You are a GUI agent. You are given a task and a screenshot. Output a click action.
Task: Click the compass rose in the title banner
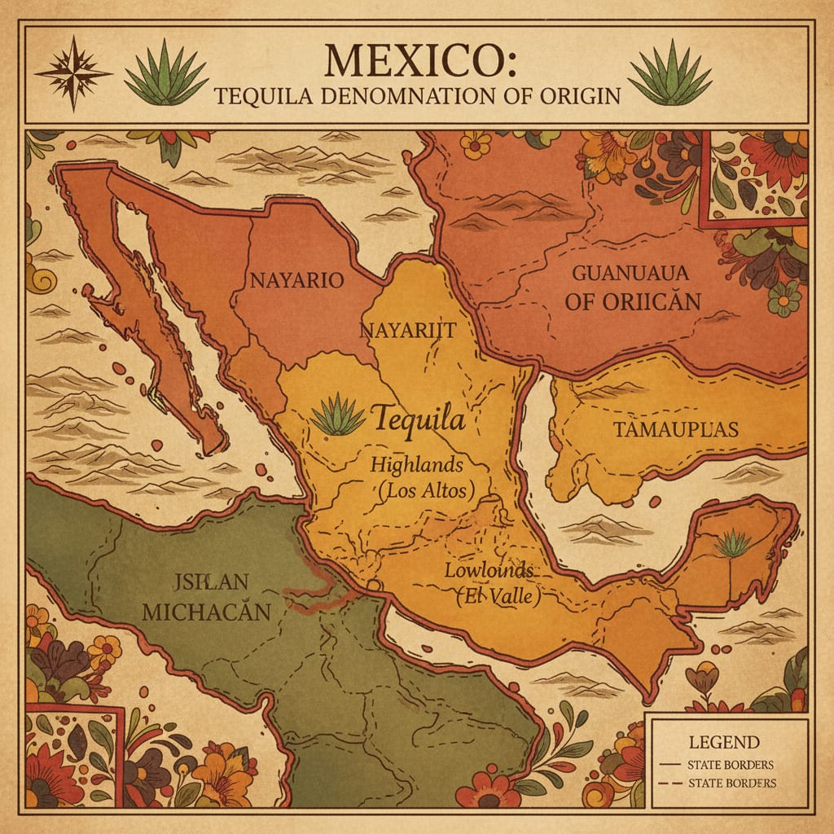click(72, 72)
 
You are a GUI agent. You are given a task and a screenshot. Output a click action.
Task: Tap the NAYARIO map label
click(296, 280)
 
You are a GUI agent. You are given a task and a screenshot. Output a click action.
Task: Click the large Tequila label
click(419, 420)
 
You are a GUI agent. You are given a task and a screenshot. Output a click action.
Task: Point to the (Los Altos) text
click(427, 491)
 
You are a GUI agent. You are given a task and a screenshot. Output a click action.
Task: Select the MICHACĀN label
click(206, 612)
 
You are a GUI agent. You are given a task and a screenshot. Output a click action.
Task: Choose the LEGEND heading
click(723, 742)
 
